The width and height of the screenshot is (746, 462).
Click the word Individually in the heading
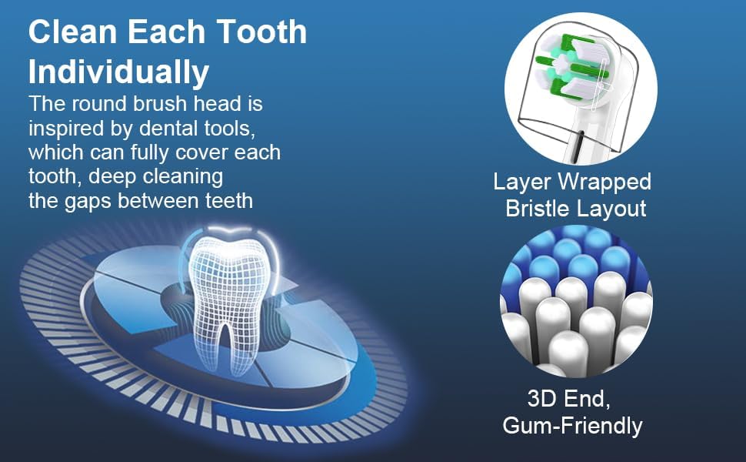(x=118, y=72)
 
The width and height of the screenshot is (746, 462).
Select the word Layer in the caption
(x=522, y=182)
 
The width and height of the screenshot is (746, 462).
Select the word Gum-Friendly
(x=572, y=425)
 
